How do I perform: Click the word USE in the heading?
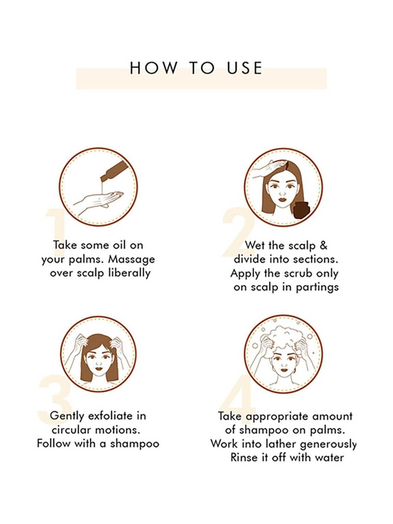tap(245, 68)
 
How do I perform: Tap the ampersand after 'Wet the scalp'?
tap(324, 245)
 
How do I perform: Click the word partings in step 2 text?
tap(317, 288)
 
